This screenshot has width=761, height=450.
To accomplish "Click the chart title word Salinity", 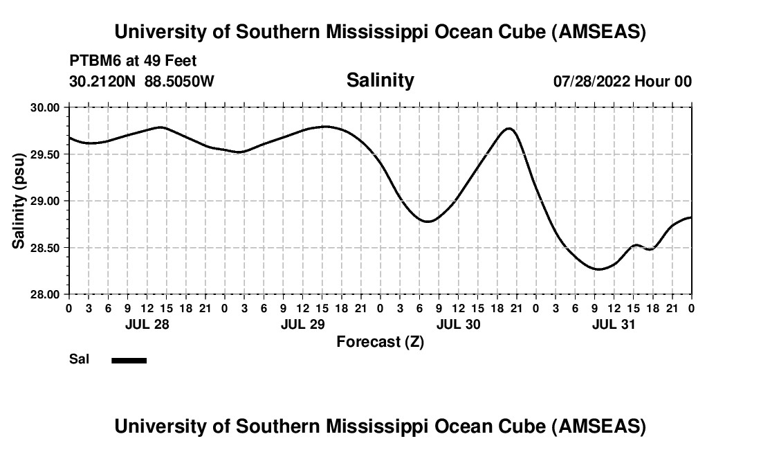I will tap(380, 80).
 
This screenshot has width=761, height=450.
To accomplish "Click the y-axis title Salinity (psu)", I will tap(19, 201).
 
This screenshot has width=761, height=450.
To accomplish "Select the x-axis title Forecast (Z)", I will tap(380, 342).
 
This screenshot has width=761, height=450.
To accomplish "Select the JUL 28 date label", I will tap(147, 324).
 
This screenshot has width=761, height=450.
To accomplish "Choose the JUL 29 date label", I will tap(302, 324).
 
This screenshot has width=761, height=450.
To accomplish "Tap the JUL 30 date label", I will tap(458, 324).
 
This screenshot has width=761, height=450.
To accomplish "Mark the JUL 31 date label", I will tap(614, 324).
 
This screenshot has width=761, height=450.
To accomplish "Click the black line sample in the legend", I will tap(129, 360).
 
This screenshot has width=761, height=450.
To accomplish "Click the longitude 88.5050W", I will tap(179, 81).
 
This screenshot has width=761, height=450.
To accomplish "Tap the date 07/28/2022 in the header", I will tap(592, 81).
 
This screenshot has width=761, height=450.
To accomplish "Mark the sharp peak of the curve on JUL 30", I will tap(509, 128).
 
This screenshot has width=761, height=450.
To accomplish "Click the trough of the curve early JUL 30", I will tap(428, 222).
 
